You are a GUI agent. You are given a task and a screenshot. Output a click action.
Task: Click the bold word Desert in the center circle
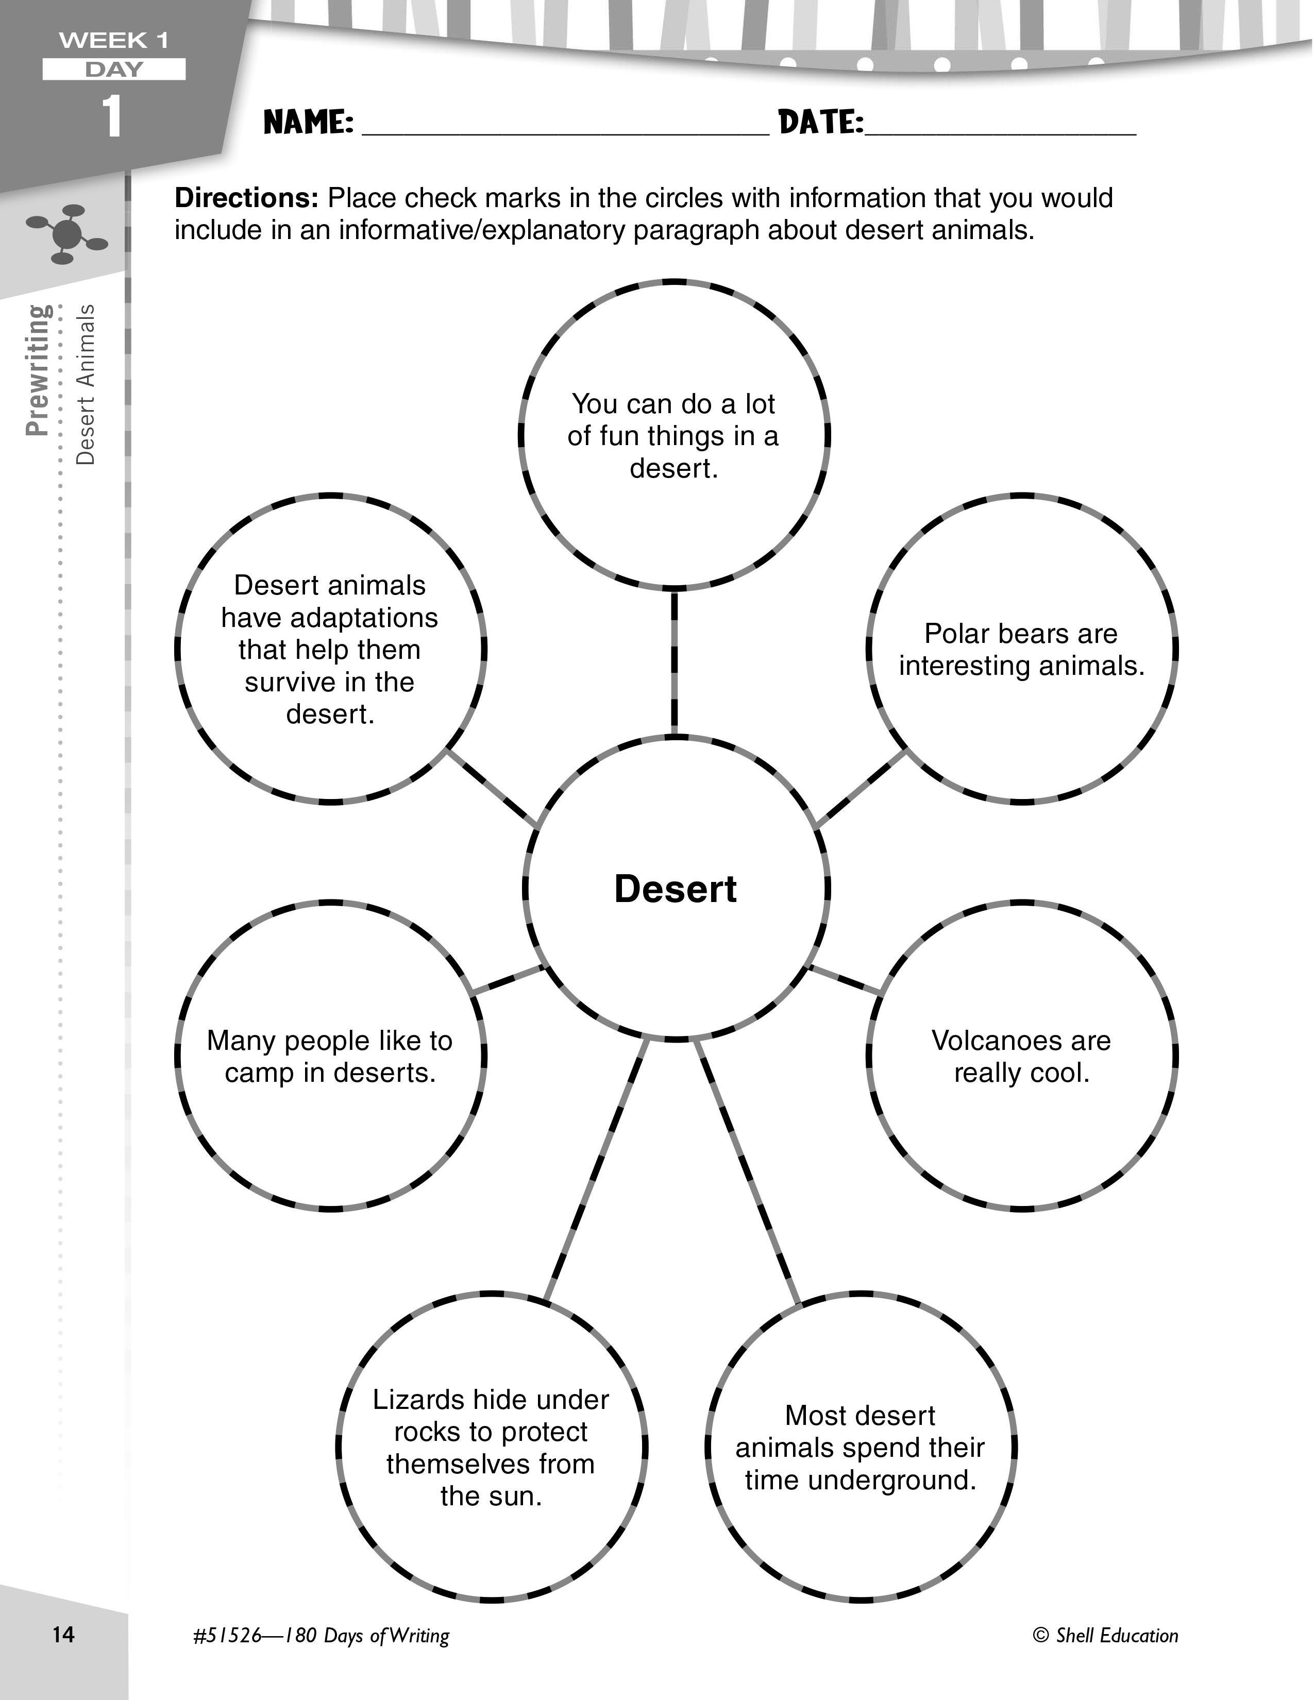point(675,889)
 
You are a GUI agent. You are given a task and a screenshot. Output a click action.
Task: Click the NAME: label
point(308,122)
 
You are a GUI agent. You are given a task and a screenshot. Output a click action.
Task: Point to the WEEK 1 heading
point(114,41)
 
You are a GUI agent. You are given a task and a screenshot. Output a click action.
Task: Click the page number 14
point(63,1634)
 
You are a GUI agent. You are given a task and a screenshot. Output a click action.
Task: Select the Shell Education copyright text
point(1105,1636)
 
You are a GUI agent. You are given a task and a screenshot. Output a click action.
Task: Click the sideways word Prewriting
point(38,370)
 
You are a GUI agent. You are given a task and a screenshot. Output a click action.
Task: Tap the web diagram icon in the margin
point(67,233)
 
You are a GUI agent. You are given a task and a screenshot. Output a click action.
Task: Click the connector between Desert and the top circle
point(674,661)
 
